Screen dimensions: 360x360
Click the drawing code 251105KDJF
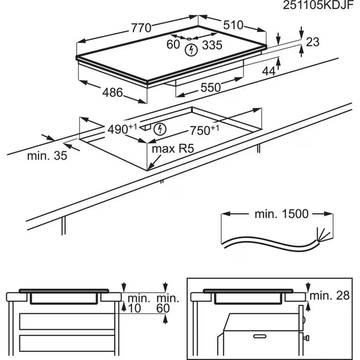(x=319, y=6)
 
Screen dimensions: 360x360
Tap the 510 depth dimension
(x=233, y=25)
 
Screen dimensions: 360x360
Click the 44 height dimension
(x=269, y=71)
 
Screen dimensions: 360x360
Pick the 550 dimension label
(x=211, y=87)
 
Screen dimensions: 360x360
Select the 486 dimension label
(x=113, y=93)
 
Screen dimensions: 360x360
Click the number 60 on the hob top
(x=173, y=44)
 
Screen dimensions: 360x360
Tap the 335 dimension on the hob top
(x=211, y=45)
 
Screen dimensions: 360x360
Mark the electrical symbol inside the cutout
(x=160, y=129)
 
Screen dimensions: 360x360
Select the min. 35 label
(x=47, y=156)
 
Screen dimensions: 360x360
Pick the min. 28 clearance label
(x=330, y=296)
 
